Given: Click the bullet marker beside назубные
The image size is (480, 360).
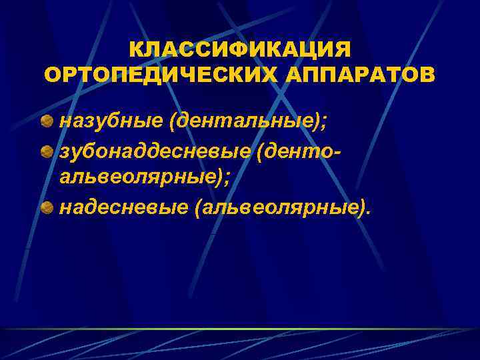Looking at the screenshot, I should coord(47,121).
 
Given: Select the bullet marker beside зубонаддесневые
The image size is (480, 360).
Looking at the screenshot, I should coord(47,151).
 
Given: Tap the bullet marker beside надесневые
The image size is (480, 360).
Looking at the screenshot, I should coord(47,209).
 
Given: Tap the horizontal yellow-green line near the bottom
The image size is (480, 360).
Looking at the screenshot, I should coord(240,329).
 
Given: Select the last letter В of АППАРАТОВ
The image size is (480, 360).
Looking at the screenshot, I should coord(427,75).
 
